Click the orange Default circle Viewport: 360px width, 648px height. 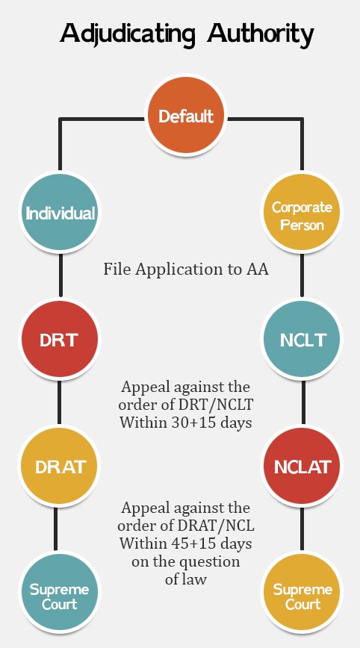pyautogui.click(x=186, y=115)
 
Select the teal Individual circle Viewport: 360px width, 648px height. pyautogui.click(x=60, y=212)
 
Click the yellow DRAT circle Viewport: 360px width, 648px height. pyautogui.click(x=60, y=466)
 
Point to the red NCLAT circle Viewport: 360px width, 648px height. pyautogui.click(x=302, y=466)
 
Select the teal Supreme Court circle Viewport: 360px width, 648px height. pyautogui.click(x=60, y=593)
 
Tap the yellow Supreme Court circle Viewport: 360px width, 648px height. pyautogui.click(x=302, y=593)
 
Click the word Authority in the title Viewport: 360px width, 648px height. pyautogui.click(x=261, y=34)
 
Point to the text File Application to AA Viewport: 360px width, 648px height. pyautogui.click(x=186, y=270)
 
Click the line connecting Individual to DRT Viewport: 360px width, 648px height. pyautogui.click(x=60, y=275)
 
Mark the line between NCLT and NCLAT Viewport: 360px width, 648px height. pyautogui.click(x=303, y=402)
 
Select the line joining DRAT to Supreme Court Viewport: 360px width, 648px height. pyautogui.click(x=55, y=529)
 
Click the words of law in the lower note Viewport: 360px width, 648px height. pyautogui.click(x=185, y=579)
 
